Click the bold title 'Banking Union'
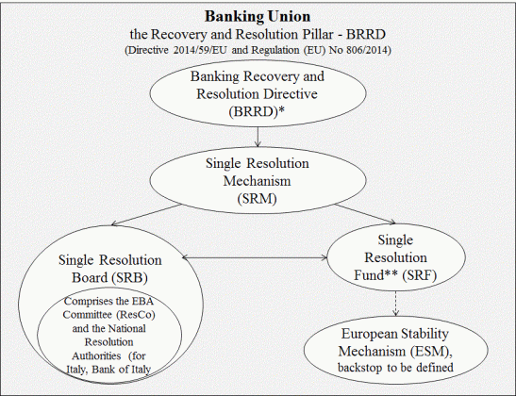point(257,16)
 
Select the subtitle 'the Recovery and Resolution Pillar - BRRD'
point(257,34)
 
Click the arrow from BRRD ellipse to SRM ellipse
point(258,138)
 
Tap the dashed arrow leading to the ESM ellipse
point(396,302)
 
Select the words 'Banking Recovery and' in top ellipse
point(258,76)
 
